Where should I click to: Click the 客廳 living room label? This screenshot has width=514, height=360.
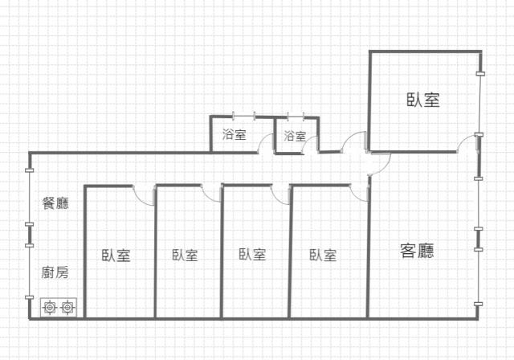click(417, 251)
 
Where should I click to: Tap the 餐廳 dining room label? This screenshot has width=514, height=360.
click(55, 203)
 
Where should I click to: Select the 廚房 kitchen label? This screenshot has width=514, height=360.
click(55, 272)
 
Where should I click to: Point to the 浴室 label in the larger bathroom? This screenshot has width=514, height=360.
click(234, 134)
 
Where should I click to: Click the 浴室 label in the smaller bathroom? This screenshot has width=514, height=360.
click(295, 136)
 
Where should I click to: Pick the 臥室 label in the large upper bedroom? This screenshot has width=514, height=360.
click(423, 100)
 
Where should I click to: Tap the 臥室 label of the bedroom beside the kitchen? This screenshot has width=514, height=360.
click(116, 256)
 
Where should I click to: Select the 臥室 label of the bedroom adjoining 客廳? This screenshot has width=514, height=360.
click(323, 255)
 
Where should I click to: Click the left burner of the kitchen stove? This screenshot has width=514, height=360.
click(50, 308)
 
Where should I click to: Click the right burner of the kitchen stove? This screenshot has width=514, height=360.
click(67, 308)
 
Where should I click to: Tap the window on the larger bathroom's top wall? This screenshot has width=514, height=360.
click(244, 115)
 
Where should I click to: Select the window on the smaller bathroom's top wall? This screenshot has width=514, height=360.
click(296, 116)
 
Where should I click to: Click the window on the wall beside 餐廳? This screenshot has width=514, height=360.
click(30, 198)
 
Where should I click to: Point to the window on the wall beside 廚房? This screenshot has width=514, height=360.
click(30, 272)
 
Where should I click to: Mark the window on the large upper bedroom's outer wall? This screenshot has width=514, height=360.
click(480, 104)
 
